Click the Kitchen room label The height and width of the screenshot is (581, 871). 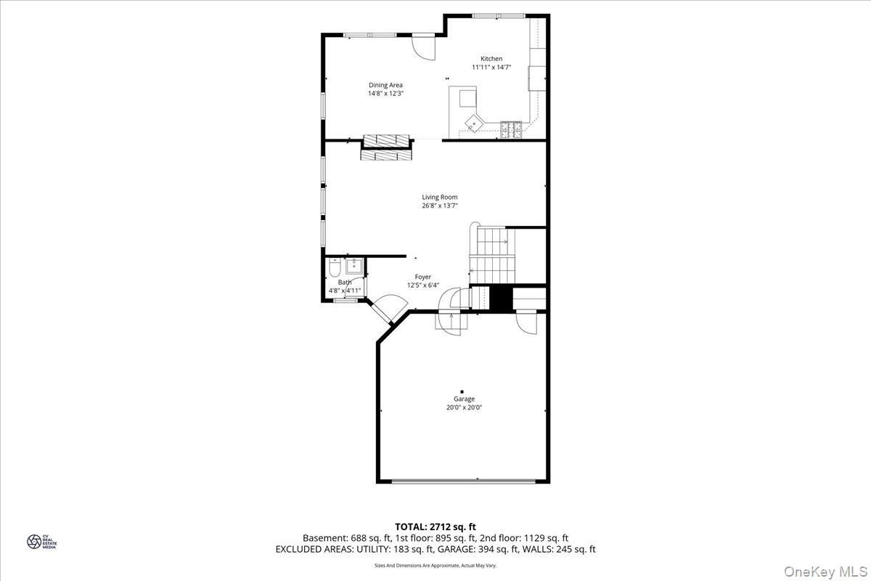pyautogui.click(x=491, y=59)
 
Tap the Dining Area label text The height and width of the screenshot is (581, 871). pyautogui.click(x=385, y=85)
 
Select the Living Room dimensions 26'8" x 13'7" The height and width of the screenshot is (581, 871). pyautogui.click(x=440, y=206)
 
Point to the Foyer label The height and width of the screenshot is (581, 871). pyautogui.click(x=423, y=277)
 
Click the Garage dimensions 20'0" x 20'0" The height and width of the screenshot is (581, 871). pyautogui.click(x=465, y=407)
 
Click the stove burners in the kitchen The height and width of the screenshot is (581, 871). pyautogui.click(x=511, y=130)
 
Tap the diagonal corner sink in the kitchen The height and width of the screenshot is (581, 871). pyautogui.click(x=474, y=121)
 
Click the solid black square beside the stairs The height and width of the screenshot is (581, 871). pyautogui.click(x=501, y=298)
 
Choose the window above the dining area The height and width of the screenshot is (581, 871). pyautogui.click(x=370, y=34)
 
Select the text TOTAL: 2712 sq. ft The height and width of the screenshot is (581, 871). pyautogui.click(x=435, y=527)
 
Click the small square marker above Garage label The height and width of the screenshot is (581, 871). pyautogui.click(x=462, y=391)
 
